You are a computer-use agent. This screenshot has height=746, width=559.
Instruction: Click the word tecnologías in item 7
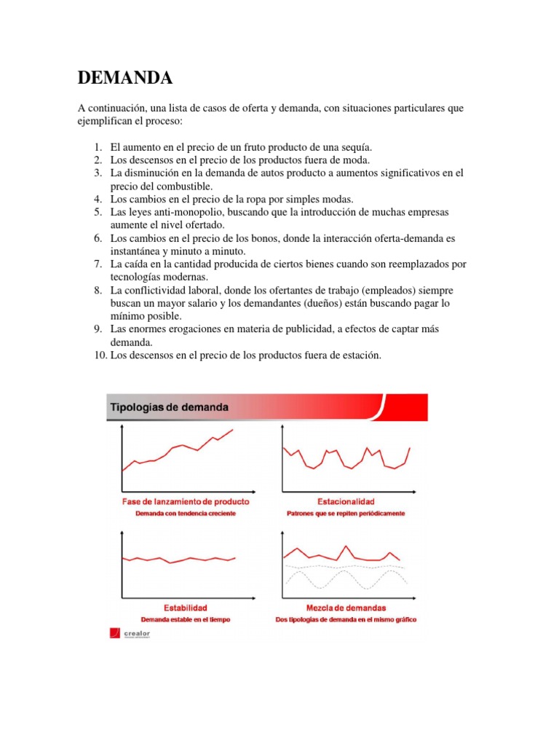point(137,277)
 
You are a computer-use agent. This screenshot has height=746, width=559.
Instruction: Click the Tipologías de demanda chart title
point(169,407)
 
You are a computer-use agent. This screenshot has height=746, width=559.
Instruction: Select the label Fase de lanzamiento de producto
point(186,502)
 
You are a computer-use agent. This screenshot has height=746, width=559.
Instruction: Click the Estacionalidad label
point(346,502)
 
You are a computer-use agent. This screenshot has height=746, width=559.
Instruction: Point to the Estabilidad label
point(185,608)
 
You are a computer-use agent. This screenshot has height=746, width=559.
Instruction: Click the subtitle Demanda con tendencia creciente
point(186,513)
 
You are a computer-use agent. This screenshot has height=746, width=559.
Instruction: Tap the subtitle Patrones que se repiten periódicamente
point(346,513)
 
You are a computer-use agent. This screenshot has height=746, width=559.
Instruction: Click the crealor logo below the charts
point(131,633)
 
